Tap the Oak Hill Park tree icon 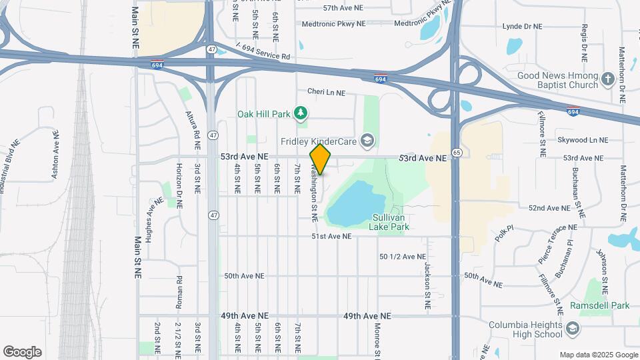[x=301, y=114]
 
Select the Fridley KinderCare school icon [x=366, y=140]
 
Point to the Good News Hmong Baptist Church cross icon [x=607, y=80]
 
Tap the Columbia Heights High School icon [x=573, y=329]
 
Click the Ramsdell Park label [x=599, y=305]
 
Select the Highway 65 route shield [x=456, y=153]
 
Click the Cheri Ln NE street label [x=326, y=92]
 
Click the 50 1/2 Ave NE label [x=402, y=257]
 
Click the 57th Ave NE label [x=343, y=8]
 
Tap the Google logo [x=22, y=352]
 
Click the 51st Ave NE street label [x=331, y=237]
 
